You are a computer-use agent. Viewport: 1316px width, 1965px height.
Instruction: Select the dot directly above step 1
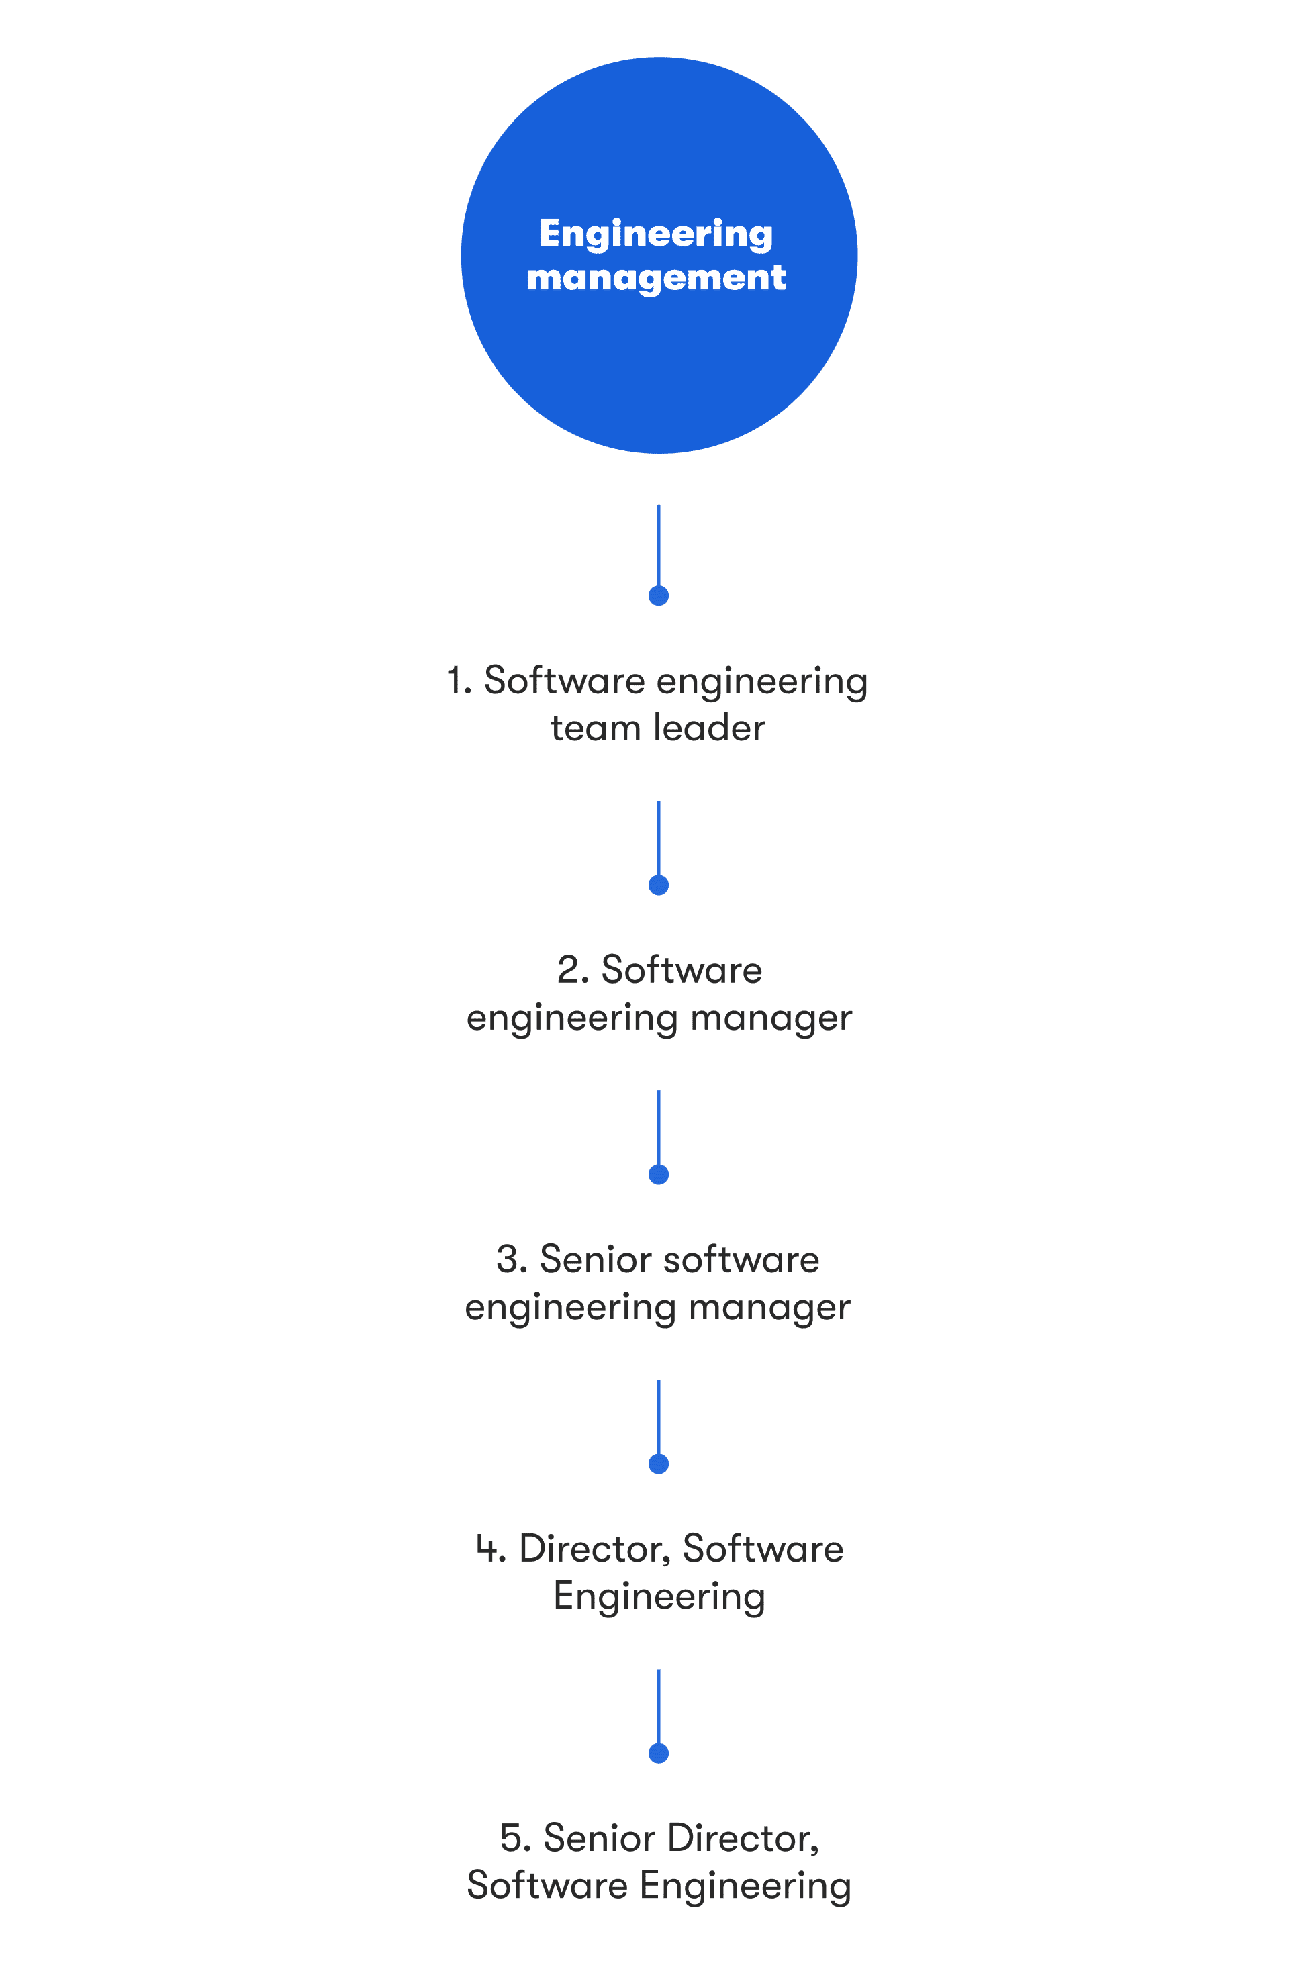click(x=659, y=595)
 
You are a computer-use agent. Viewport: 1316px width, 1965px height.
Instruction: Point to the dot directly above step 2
click(x=659, y=885)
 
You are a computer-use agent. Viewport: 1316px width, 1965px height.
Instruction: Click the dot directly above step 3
click(x=659, y=1175)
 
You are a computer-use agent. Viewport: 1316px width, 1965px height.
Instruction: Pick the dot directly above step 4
click(x=659, y=1464)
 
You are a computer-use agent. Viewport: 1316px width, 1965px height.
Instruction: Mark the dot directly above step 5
click(x=659, y=1754)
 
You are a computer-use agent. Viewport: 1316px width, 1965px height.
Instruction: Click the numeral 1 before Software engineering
click(x=456, y=681)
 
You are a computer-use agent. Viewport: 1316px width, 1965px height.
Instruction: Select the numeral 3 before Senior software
click(x=508, y=1259)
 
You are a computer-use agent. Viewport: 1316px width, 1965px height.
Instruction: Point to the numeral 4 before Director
click(x=487, y=1549)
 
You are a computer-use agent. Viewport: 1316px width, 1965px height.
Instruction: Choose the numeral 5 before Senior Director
click(x=511, y=1838)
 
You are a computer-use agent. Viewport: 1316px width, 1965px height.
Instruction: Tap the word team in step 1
click(x=594, y=729)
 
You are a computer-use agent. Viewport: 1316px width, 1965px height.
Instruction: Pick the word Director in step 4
click(x=594, y=1549)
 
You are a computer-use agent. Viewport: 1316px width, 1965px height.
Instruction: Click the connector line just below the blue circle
click(x=659, y=545)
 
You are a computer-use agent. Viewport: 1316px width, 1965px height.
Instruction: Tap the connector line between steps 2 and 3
click(x=659, y=1129)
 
